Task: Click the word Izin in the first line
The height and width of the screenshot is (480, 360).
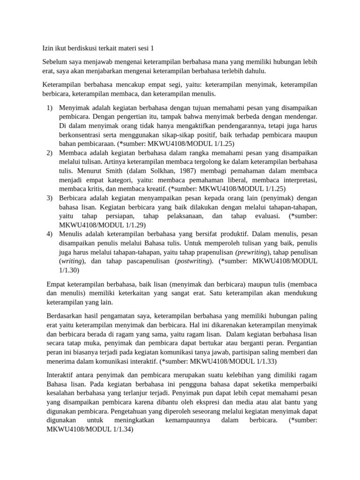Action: click(x=47, y=48)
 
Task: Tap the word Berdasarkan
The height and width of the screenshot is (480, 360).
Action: click(x=67, y=316)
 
